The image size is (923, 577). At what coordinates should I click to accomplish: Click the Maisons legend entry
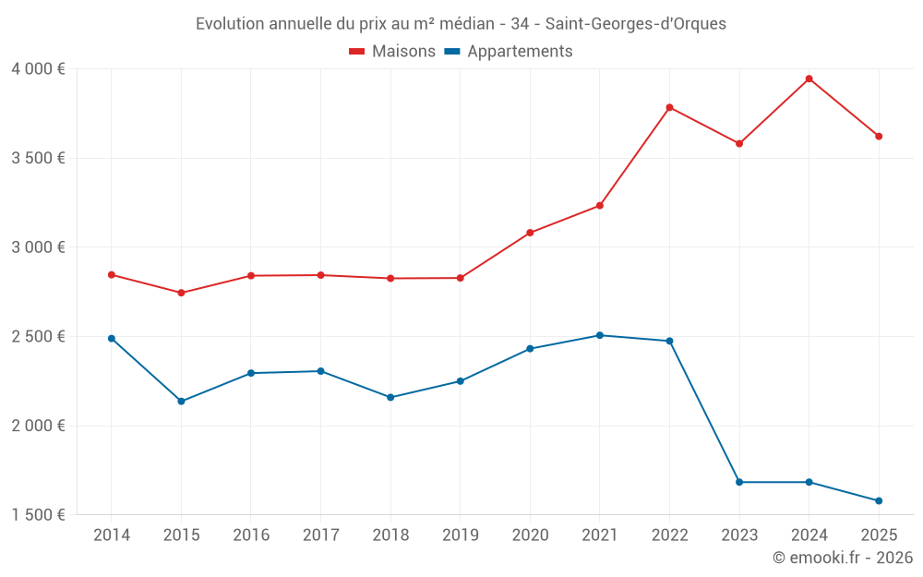point(392,52)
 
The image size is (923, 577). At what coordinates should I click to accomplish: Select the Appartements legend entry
point(509,52)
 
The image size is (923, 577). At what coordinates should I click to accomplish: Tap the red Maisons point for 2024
point(809,78)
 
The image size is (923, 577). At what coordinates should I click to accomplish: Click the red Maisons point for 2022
point(669,107)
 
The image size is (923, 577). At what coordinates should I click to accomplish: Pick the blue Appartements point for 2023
point(739,482)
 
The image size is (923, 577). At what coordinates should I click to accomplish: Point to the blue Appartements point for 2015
point(181,402)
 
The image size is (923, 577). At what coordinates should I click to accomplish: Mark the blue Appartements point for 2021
point(600,335)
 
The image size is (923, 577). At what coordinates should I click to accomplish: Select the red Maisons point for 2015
point(181,293)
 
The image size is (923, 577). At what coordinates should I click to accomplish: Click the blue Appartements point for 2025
point(879,501)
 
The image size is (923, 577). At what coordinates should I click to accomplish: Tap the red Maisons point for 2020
point(530,233)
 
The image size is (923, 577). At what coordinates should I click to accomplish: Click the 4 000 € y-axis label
point(38,68)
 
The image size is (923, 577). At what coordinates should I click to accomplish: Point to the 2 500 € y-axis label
point(38,336)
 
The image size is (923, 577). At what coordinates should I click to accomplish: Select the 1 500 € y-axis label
point(38,515)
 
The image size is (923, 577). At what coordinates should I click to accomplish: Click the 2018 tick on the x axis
point(390,535)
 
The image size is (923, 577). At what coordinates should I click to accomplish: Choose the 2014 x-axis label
point(112,535)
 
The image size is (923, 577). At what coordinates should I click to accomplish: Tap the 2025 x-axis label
point(879,535)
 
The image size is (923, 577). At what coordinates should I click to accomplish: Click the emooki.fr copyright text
point(843,558)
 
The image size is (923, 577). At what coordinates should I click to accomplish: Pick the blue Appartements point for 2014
point(112,339)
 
